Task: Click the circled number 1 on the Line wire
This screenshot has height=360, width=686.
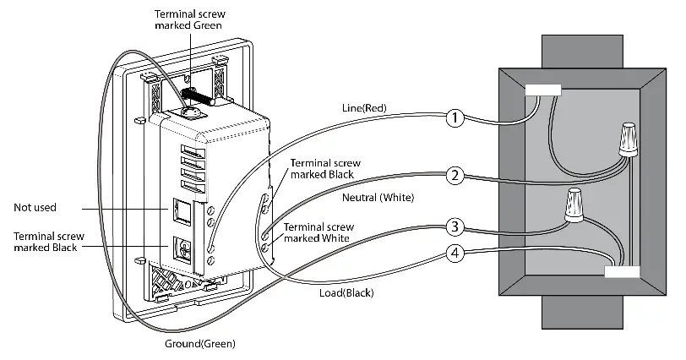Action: point(455,117)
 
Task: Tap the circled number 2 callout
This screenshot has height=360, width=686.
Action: point(455,176)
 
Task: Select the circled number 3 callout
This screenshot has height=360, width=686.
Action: point(455,226)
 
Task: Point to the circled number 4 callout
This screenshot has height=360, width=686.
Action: point(455,253)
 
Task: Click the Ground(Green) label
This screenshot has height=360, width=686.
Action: point(200,344)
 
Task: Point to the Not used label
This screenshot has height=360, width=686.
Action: point(36,206)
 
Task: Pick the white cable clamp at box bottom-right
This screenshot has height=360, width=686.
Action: point(622,272)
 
